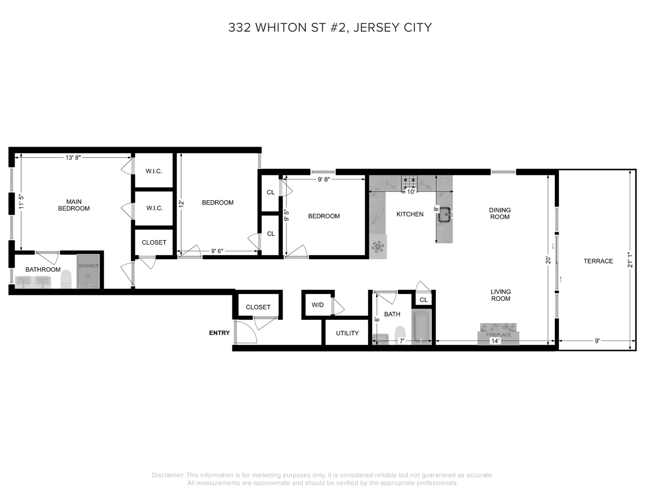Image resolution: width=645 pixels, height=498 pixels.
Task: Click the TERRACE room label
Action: pos(598,261)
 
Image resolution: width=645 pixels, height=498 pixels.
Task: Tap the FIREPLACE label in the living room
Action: pos(499,335)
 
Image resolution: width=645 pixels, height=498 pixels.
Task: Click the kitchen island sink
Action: pos(444,214)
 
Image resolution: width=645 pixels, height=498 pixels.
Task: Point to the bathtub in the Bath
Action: pos(421,327)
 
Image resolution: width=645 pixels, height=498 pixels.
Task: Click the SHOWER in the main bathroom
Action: pos(88,271)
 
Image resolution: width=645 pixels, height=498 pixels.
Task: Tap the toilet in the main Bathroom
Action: pos(66,279)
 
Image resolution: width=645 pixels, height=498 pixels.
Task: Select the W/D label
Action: pos(318,305)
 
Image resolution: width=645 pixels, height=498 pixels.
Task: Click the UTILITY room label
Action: pos(347,333)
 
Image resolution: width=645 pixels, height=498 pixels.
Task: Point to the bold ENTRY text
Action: pos(219,333)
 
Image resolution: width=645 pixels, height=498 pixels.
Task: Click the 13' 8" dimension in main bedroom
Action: pos(73,158)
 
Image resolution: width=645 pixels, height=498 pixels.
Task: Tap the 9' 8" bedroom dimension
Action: pos(324,179)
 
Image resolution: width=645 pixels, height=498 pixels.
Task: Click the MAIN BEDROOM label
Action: pos(74,205)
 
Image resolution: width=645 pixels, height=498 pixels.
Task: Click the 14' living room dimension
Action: pos(495,341)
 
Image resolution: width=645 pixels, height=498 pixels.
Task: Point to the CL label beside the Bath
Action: pos(423,300)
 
